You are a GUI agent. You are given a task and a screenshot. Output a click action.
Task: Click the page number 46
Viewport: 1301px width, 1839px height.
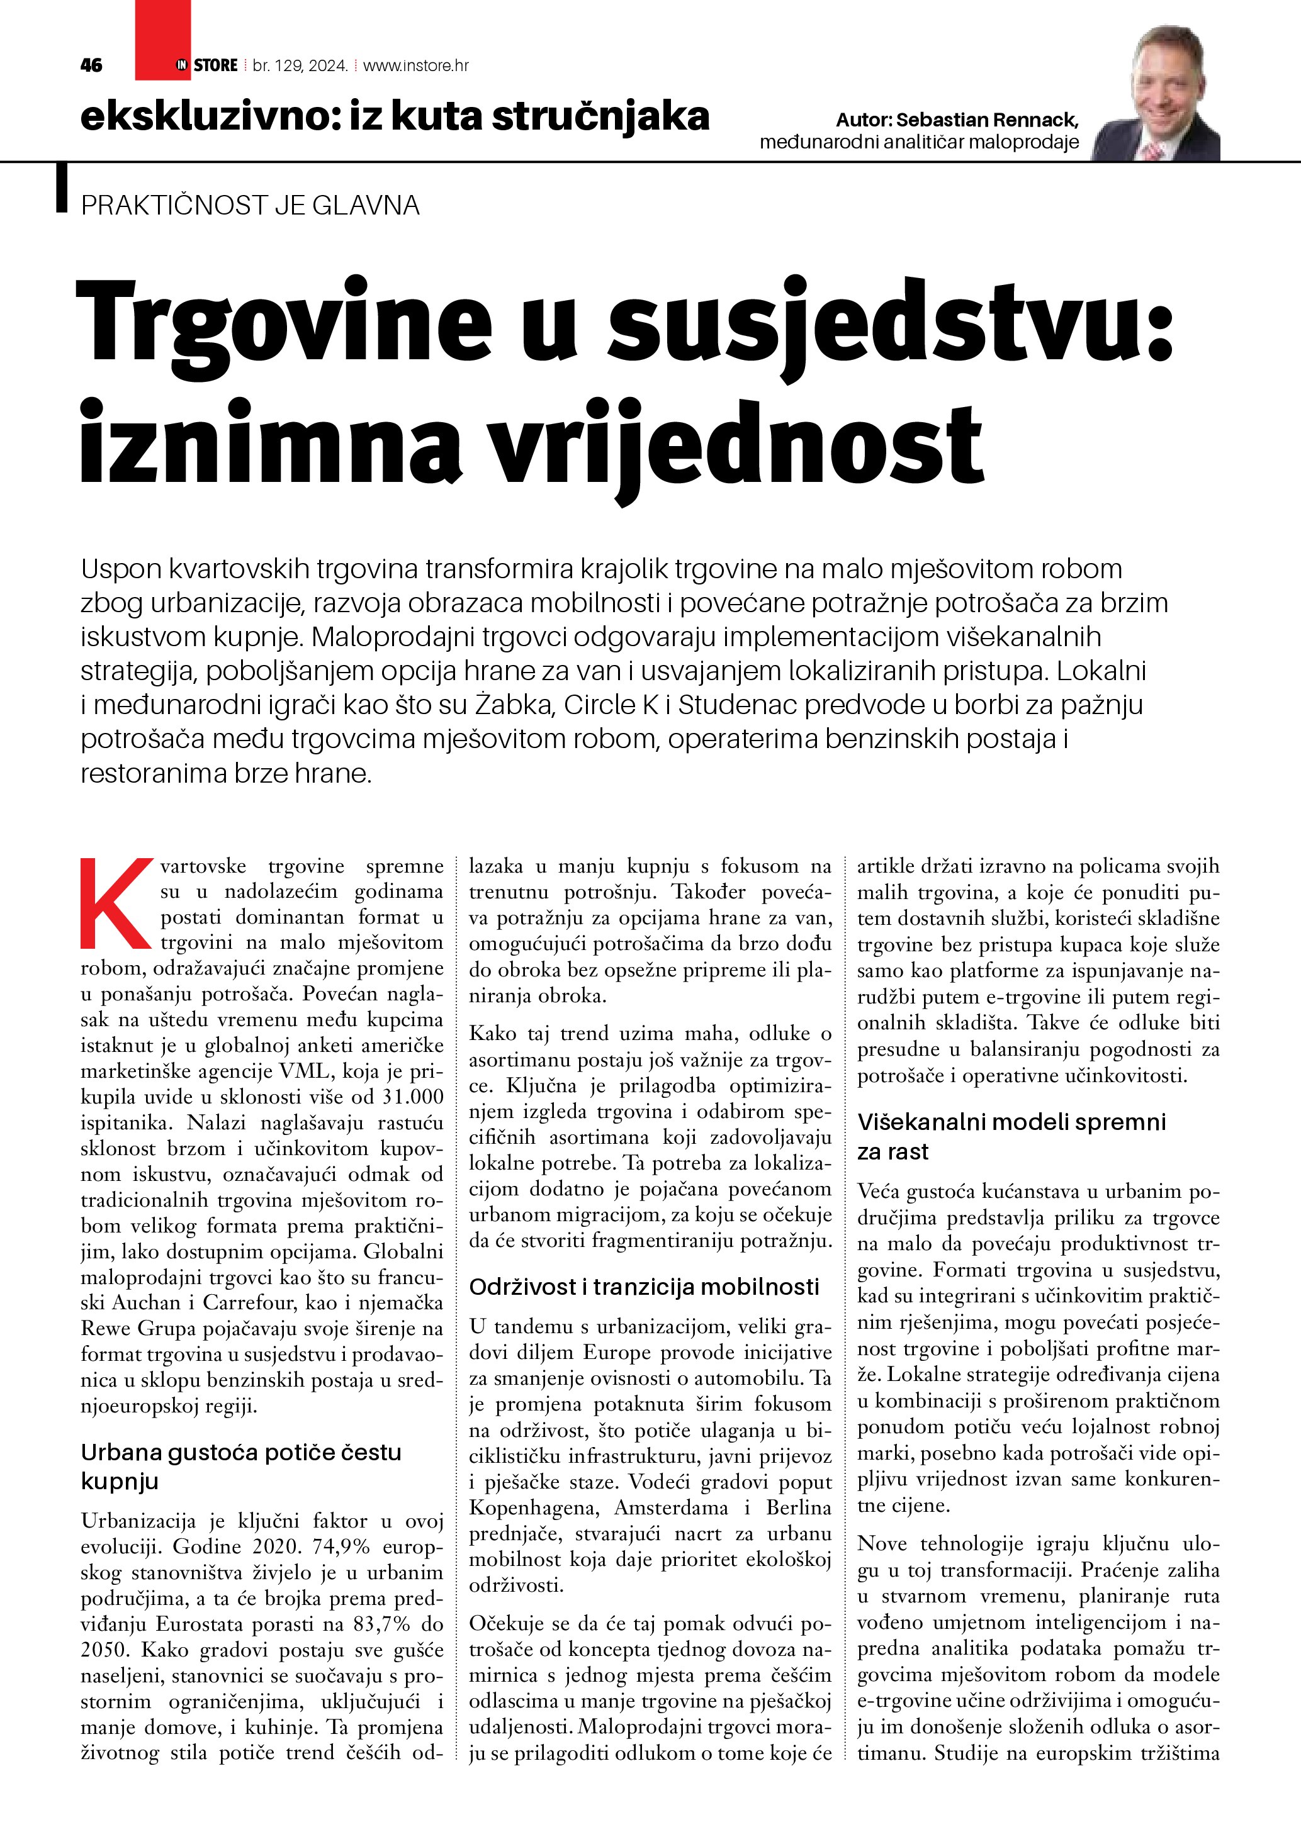click(91, 65)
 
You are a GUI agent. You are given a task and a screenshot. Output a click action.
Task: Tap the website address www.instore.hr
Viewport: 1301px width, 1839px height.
click(416, 65)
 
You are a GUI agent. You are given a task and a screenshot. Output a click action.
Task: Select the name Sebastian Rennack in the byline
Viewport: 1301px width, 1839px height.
click(987, 120)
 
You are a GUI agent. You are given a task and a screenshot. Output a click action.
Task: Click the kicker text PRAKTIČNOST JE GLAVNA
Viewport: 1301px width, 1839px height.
click(250, 205)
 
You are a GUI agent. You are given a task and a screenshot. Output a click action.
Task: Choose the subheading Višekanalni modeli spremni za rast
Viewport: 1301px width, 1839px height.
click(1011, 1136)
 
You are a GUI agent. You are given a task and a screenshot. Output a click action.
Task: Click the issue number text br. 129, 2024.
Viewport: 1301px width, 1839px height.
click(300, 65)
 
